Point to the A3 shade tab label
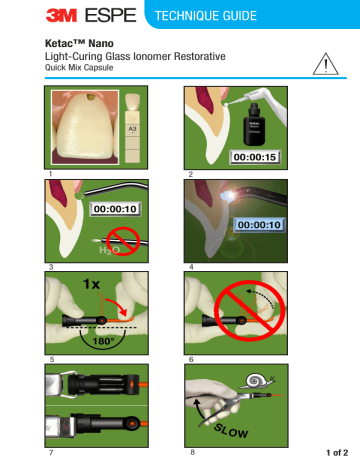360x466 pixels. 134,129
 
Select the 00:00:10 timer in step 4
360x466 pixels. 259,226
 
